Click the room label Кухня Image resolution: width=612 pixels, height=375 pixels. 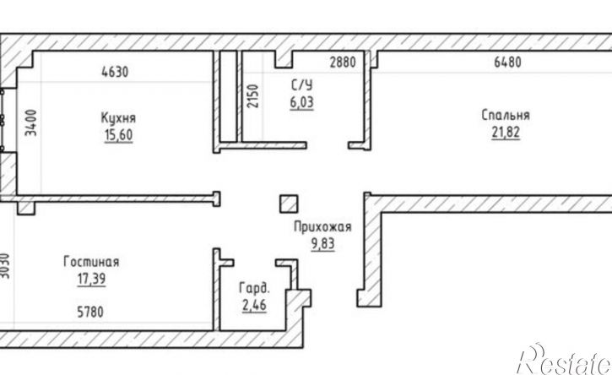coord(118,118)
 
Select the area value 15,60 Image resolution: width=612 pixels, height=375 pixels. coord(119,135)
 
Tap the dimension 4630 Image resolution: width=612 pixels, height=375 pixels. coord(115,72)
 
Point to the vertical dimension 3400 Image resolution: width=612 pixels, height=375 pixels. coord(31,122)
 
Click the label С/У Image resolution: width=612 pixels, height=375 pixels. coord(301,85)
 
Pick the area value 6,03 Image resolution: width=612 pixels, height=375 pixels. coord(301,102)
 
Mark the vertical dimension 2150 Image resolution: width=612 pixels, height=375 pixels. coord(253,96)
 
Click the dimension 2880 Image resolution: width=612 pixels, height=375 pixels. coord(343,62)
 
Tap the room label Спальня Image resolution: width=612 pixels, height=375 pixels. coord(506,115)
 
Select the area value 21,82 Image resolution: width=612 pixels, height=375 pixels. coord(506,133)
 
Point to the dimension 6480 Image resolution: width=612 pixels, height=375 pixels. coord(507,62)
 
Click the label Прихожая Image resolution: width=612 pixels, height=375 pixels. coord(322,227)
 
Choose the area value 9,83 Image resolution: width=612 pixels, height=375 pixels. coord(322,244)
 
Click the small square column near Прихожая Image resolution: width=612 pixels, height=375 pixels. coord(289,204)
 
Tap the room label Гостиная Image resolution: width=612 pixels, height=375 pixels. coord(91,262)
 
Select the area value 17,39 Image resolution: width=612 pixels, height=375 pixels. coord(91,279)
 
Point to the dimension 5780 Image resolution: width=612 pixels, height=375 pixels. coord(90,312)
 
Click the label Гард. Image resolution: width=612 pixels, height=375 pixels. coord(254,288)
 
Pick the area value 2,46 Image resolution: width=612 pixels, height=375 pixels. coord(254,305)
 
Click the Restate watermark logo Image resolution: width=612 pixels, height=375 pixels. coord(564,360)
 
